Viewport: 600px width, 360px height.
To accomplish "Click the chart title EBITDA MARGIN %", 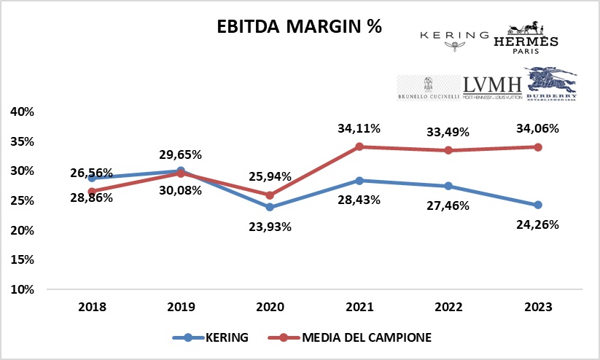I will point(300,26).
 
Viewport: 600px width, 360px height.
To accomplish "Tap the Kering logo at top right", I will point(454,39).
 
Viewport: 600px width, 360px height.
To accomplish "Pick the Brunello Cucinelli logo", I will point(428,87).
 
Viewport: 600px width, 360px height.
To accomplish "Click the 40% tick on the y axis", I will point(22,111).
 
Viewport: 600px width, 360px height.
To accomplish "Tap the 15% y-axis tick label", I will point(22,259).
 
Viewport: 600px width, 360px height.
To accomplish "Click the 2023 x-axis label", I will point(537,308).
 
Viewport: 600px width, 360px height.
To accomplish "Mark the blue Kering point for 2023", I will point(537,205).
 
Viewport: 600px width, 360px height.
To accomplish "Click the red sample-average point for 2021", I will point(359,146).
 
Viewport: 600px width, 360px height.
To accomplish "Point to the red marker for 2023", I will point(537,146).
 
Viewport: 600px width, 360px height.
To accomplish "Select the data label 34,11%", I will point(359,129).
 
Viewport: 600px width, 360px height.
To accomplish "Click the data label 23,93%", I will point(270,226).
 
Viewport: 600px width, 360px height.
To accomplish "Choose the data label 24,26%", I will point(537,224).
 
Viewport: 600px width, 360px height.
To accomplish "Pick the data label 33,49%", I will point(448,132).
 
